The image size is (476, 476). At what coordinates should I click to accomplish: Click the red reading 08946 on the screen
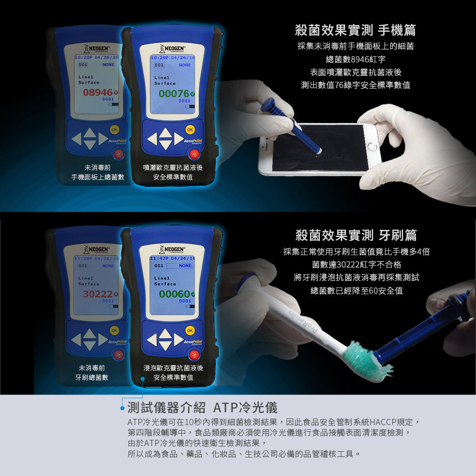click(x=98, y=92)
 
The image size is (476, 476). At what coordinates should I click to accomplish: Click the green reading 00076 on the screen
click(x=174, y=94)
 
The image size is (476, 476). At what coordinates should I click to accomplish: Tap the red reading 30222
click(x=98, y=294)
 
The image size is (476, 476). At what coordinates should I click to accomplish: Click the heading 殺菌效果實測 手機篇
click(x=356, y=30)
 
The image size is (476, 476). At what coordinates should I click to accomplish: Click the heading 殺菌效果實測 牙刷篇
click(x=356, y=235)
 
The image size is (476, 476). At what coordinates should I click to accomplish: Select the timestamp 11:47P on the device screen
click(x=161, y=258)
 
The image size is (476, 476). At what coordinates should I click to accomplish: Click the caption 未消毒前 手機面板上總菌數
click(x=98, y=172)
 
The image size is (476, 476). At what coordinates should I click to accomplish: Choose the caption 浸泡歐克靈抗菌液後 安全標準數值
click(x=173, y=373)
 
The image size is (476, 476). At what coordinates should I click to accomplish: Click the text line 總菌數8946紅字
click(x=356, y=59)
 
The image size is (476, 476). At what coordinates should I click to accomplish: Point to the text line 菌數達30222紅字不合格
click(x=356, y=264)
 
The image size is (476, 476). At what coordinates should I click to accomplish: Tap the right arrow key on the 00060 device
click(x=179, y=339)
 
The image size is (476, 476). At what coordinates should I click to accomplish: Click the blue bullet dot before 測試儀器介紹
click(x=122, y=408)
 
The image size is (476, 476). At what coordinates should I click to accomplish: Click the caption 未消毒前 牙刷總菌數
click(x=92, y=373)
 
